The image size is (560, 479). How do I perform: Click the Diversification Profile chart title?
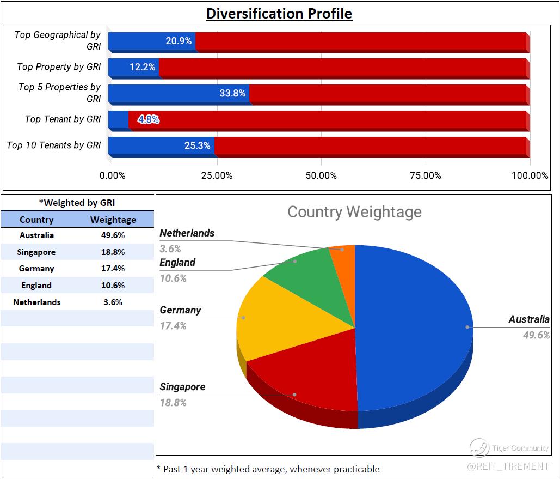279,13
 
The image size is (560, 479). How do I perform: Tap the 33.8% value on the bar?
232,93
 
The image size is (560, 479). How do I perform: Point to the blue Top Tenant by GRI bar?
118,119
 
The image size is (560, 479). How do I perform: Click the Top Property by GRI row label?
59,67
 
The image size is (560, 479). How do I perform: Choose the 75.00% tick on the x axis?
426,175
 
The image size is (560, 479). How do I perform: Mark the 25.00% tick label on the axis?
217,175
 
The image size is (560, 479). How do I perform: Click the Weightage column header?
113,220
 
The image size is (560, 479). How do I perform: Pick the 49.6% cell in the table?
113,235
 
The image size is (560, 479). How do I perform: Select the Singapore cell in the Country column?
36,252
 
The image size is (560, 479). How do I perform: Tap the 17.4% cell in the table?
113,269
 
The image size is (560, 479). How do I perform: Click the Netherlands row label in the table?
36,302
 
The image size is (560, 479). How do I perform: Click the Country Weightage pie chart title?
354,212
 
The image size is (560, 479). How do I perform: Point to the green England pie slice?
305,272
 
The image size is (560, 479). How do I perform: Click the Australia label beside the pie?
528,319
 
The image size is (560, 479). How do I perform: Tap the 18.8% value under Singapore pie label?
173,403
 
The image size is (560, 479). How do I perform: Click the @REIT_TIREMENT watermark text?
509,466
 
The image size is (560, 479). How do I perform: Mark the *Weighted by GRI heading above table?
77,203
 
